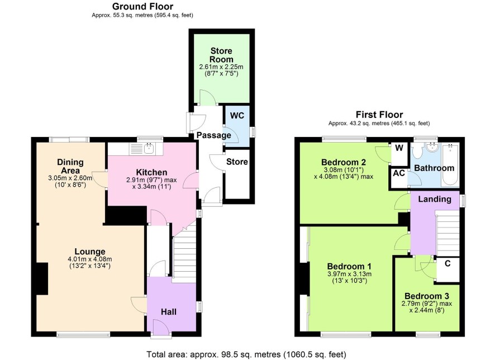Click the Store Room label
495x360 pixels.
pos(221,55)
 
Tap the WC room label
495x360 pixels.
pos(237,116)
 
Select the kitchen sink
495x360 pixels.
pos(149,148)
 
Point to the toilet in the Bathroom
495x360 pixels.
pos(417,151)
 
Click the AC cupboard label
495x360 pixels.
pos(399,173)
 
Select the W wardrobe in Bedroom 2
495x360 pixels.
pos(399,154)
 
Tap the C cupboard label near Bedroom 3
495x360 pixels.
pos(448,263)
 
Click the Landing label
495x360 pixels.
pos(435,199)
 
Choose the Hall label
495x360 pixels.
pos(169,312)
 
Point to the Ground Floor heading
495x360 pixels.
pos(142,6)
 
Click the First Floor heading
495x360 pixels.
pos(379,114)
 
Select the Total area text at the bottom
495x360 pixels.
pos(246,354)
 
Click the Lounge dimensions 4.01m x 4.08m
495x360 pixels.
pos(89,259)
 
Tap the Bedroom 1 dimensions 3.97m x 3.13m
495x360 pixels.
pos(349,274)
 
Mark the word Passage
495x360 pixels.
pos(214,135)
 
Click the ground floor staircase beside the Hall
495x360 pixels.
pos(184,255)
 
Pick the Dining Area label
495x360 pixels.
pos(70,167)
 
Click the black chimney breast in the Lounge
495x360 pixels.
pos(42,279)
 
